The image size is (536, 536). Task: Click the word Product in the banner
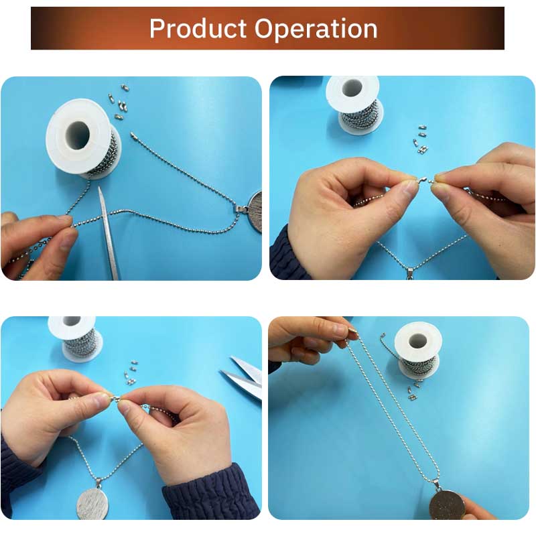pyautogui.click(x=198, y=29)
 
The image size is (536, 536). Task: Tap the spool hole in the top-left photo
pyautogui.click(x=78, y=135)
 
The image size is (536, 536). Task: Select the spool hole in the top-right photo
pyautogui.click(x=352, y=88)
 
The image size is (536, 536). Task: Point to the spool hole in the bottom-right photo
pyautogui.click(x=418, y=341)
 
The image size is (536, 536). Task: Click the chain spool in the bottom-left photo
pyautogui.click(x=76, y=338)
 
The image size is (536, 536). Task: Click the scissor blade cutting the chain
pyautogui.click(x=109, y=233)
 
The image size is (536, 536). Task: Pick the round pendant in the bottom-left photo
pyautogui.click(x=92, y=503)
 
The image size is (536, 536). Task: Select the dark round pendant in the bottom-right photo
pyautogui.click(x=447, y=505)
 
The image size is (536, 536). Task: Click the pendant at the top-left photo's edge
pyautogui.click(x=254, y=211)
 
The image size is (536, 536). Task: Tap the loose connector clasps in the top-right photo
pyautogui.click(x=421, y=139)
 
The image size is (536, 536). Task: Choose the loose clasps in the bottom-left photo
pyautogui.click(x=131, y=373)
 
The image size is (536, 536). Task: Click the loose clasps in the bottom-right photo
pyautogui.click(x=414, y=391)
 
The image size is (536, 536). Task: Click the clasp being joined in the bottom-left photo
pyautogui.click(x=115, y=397)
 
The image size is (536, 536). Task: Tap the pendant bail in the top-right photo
pyautogui.click(x=410, y=273)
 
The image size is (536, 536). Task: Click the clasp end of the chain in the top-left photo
pyautogui.click(x=133, y=136)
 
